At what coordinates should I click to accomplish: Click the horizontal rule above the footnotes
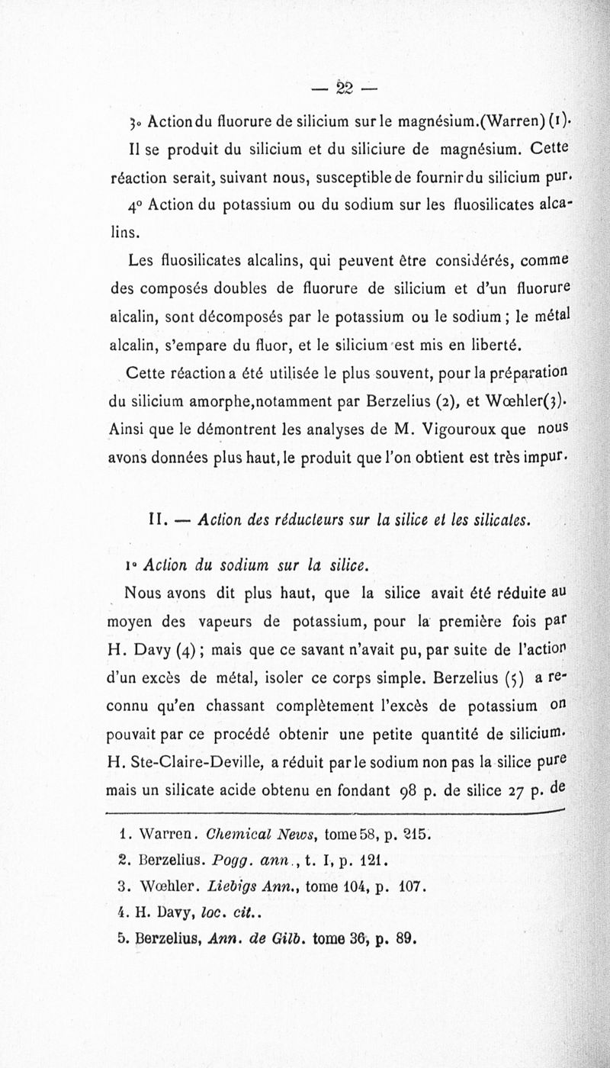(335, 815)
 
